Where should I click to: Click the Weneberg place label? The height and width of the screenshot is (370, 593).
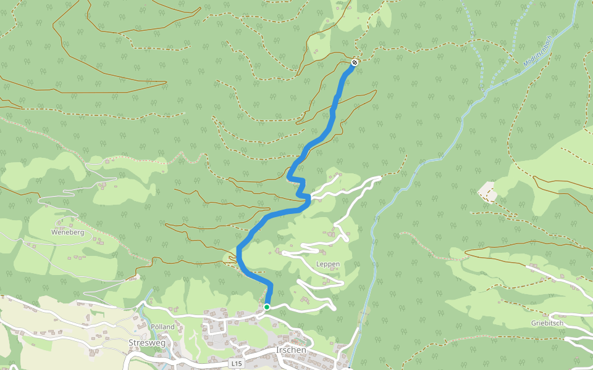click(67, 232)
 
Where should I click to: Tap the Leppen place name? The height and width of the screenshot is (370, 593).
click(328, 264)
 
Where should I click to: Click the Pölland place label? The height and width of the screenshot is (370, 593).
click(162, 326)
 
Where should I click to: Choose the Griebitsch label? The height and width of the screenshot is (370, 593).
click(548, 323)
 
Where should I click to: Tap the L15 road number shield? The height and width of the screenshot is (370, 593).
click(235, 364)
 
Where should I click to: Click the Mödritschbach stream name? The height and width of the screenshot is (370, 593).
click(536, 51)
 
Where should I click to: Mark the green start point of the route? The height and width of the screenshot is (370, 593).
click(267, 306)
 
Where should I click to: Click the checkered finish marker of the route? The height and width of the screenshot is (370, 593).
click(355, 62)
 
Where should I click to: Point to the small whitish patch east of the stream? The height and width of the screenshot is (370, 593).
click(487, 191)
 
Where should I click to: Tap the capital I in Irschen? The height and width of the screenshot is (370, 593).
click(277, 350)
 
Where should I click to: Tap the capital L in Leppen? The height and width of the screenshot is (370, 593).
click(318, 264)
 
